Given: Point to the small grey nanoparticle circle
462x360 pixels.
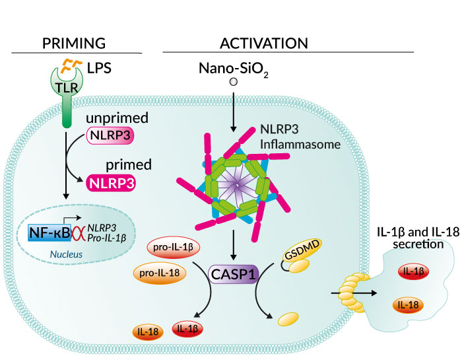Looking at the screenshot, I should [233, 83].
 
